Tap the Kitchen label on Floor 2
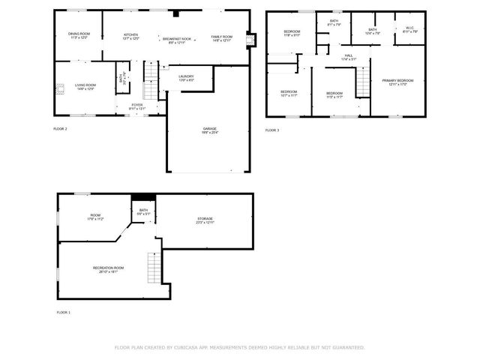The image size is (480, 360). (x=130, y=35)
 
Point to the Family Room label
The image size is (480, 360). (x=221, y=37)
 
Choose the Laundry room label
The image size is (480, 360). (x=186, y=77)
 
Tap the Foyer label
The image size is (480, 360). (x=137, y=106)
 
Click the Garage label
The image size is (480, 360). (x=209, y=130)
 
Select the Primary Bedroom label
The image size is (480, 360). (x=397, y=82)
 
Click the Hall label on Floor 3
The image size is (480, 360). (x=349, y=56)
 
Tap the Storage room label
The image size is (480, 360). (x=205, y=220)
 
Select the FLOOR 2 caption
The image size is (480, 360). (x=61, y=129)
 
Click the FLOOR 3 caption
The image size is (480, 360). (x=271, y=130)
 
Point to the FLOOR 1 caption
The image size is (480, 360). (x=64, y=311)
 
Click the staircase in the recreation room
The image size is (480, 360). (x=155, y=267)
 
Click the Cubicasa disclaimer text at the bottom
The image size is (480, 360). (x=239, y=347)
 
